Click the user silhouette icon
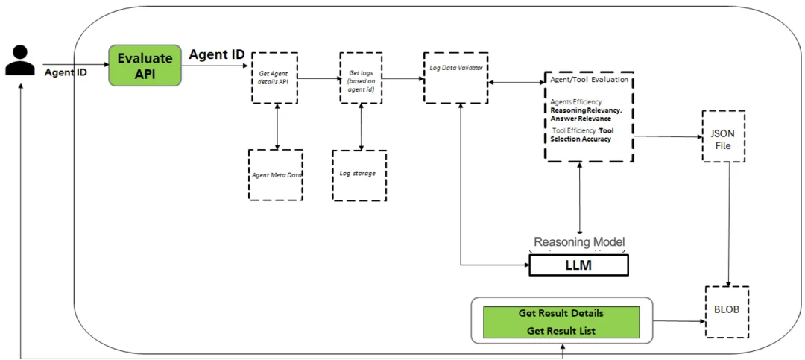[20, 60]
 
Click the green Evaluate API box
[145, 66]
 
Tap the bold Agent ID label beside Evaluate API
[217, 54]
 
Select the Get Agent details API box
[274, 78]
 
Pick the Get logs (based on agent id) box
[361, 78]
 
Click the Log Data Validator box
[455, 78]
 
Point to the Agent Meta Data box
[276, 175]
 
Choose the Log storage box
[359, 175]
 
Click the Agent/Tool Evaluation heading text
[588, 80]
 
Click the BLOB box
[727, 312]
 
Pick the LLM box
[579, 265]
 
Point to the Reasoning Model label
[580, 242]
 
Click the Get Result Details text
[561, 313]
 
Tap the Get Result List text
[561, 331]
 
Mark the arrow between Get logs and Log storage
[362, 127]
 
